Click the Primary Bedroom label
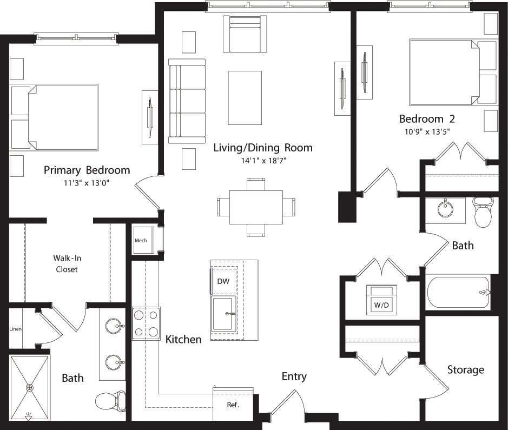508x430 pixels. (87, 170)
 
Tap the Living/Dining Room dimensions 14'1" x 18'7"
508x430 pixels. (263, 160)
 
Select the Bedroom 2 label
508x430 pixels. (427, 118)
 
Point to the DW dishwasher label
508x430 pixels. (223, 281)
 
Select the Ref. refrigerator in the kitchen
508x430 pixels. (233, 403)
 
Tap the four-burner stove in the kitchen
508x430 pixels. (147, 323)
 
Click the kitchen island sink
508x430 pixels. (224, 313)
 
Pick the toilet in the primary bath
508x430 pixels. (110, 401)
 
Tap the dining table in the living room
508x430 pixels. (256, 207)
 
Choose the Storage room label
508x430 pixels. (465, 370)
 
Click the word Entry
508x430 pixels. (294, 376)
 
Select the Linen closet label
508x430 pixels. (15, 329)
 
